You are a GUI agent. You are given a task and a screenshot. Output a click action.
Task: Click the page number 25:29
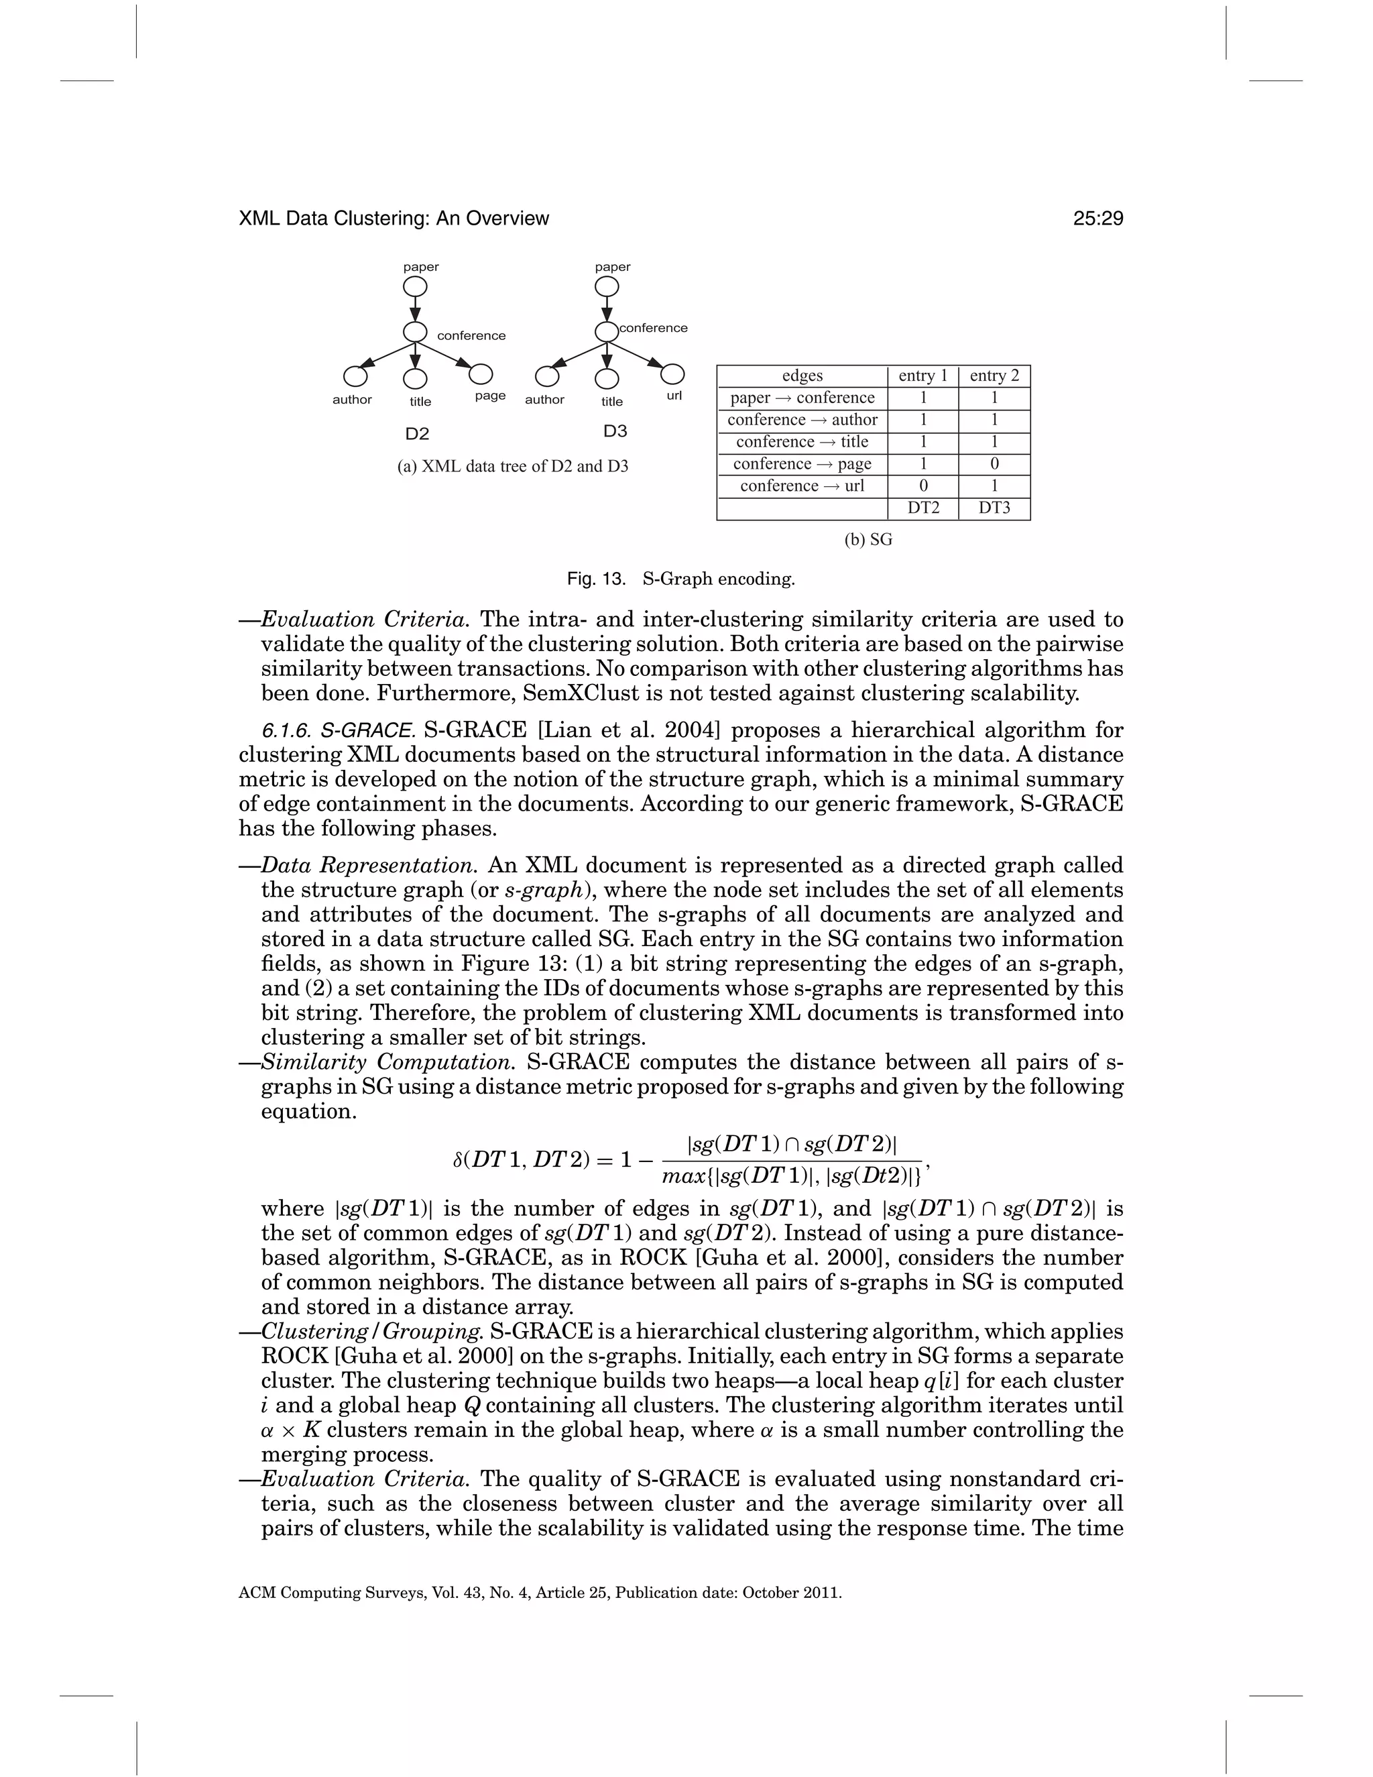[x=1097, y=218]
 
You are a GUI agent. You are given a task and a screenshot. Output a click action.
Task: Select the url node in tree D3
[x=672, y=374]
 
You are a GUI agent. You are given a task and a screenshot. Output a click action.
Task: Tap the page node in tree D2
[x=481, y=374]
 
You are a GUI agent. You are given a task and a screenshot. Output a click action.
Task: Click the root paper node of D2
[x=415, y=287]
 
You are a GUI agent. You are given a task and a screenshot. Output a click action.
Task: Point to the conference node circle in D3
[x=606, y=332]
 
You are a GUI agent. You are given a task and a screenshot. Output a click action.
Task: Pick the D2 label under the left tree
[x=417, y=434]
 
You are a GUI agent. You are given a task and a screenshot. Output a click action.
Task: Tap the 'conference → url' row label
[x=802, y=485]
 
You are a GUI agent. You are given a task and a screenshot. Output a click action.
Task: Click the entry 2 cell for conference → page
[x=994, y=464]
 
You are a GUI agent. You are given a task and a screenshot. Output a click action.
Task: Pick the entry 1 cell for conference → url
[x=923, y=485]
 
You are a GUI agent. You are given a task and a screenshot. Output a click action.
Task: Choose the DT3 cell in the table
[x=994, y=508]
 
